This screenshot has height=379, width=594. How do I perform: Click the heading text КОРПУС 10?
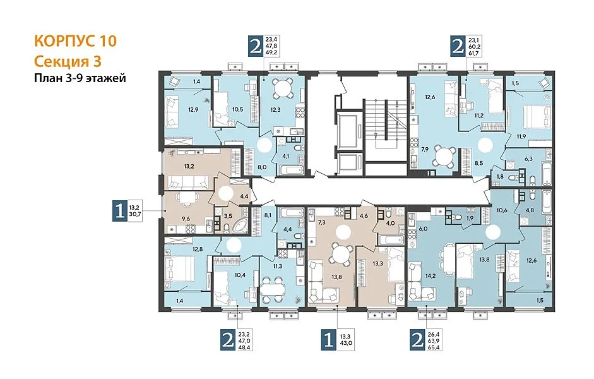coord(75,41)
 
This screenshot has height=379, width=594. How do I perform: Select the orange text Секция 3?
coord(68,61)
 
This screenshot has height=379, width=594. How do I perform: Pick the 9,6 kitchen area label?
coord(185,218)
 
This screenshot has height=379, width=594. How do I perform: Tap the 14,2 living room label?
coord(430,276)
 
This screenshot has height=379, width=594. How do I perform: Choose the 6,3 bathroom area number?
coord(528,159)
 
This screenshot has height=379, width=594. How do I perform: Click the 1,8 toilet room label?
coord(500,177)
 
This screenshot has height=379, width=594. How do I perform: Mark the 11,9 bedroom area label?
coord(521,136)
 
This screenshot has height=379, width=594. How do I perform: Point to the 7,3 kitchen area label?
coord(321,222)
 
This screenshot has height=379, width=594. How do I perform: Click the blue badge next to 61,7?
coord(458,47)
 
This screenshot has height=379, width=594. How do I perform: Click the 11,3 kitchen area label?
coord(277,266)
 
